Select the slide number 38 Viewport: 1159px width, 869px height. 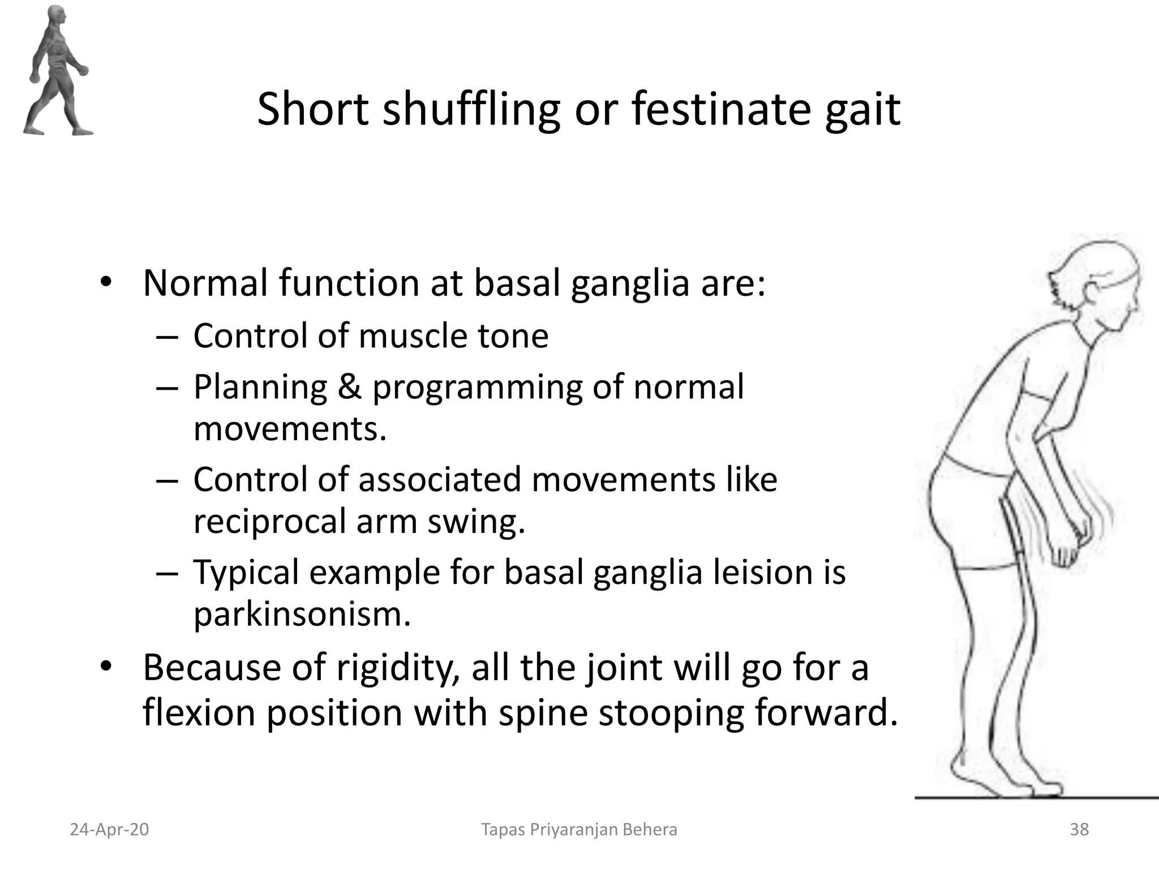pos(1079,829)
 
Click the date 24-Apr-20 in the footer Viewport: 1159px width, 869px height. pos(109,829)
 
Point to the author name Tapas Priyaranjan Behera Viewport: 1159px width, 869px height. pos(579,829)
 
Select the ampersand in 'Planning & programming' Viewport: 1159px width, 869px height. pos(350,388)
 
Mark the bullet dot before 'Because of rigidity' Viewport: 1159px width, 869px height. pos(105,667)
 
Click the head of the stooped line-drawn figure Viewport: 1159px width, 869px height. pos(1087,289)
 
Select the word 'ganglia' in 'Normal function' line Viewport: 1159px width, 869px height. pos(630,283)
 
